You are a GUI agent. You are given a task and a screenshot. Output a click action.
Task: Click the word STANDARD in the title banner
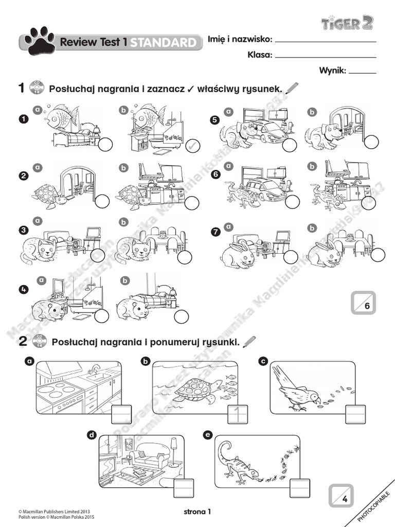pyautogui.click(x=163, y=43)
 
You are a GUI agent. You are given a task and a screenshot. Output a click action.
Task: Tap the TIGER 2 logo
pyautogui.click(x=347, y=22)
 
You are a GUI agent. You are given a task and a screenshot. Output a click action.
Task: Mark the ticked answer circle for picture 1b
pyautogui.click(x=192, y=146)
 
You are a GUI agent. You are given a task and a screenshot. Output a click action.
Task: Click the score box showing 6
pyautogui.click(x=364, y=303)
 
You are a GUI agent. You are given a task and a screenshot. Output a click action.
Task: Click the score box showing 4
pyautogui.click(x=341, y=496)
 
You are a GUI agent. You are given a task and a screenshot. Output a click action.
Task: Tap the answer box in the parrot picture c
pyautogui.click(x=355, y=413)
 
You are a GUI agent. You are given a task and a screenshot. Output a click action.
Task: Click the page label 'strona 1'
pyautogui.click(x=197, y=511)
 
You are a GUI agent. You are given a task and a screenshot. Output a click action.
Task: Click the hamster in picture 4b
pyautogui.click(x=132, y=308)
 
